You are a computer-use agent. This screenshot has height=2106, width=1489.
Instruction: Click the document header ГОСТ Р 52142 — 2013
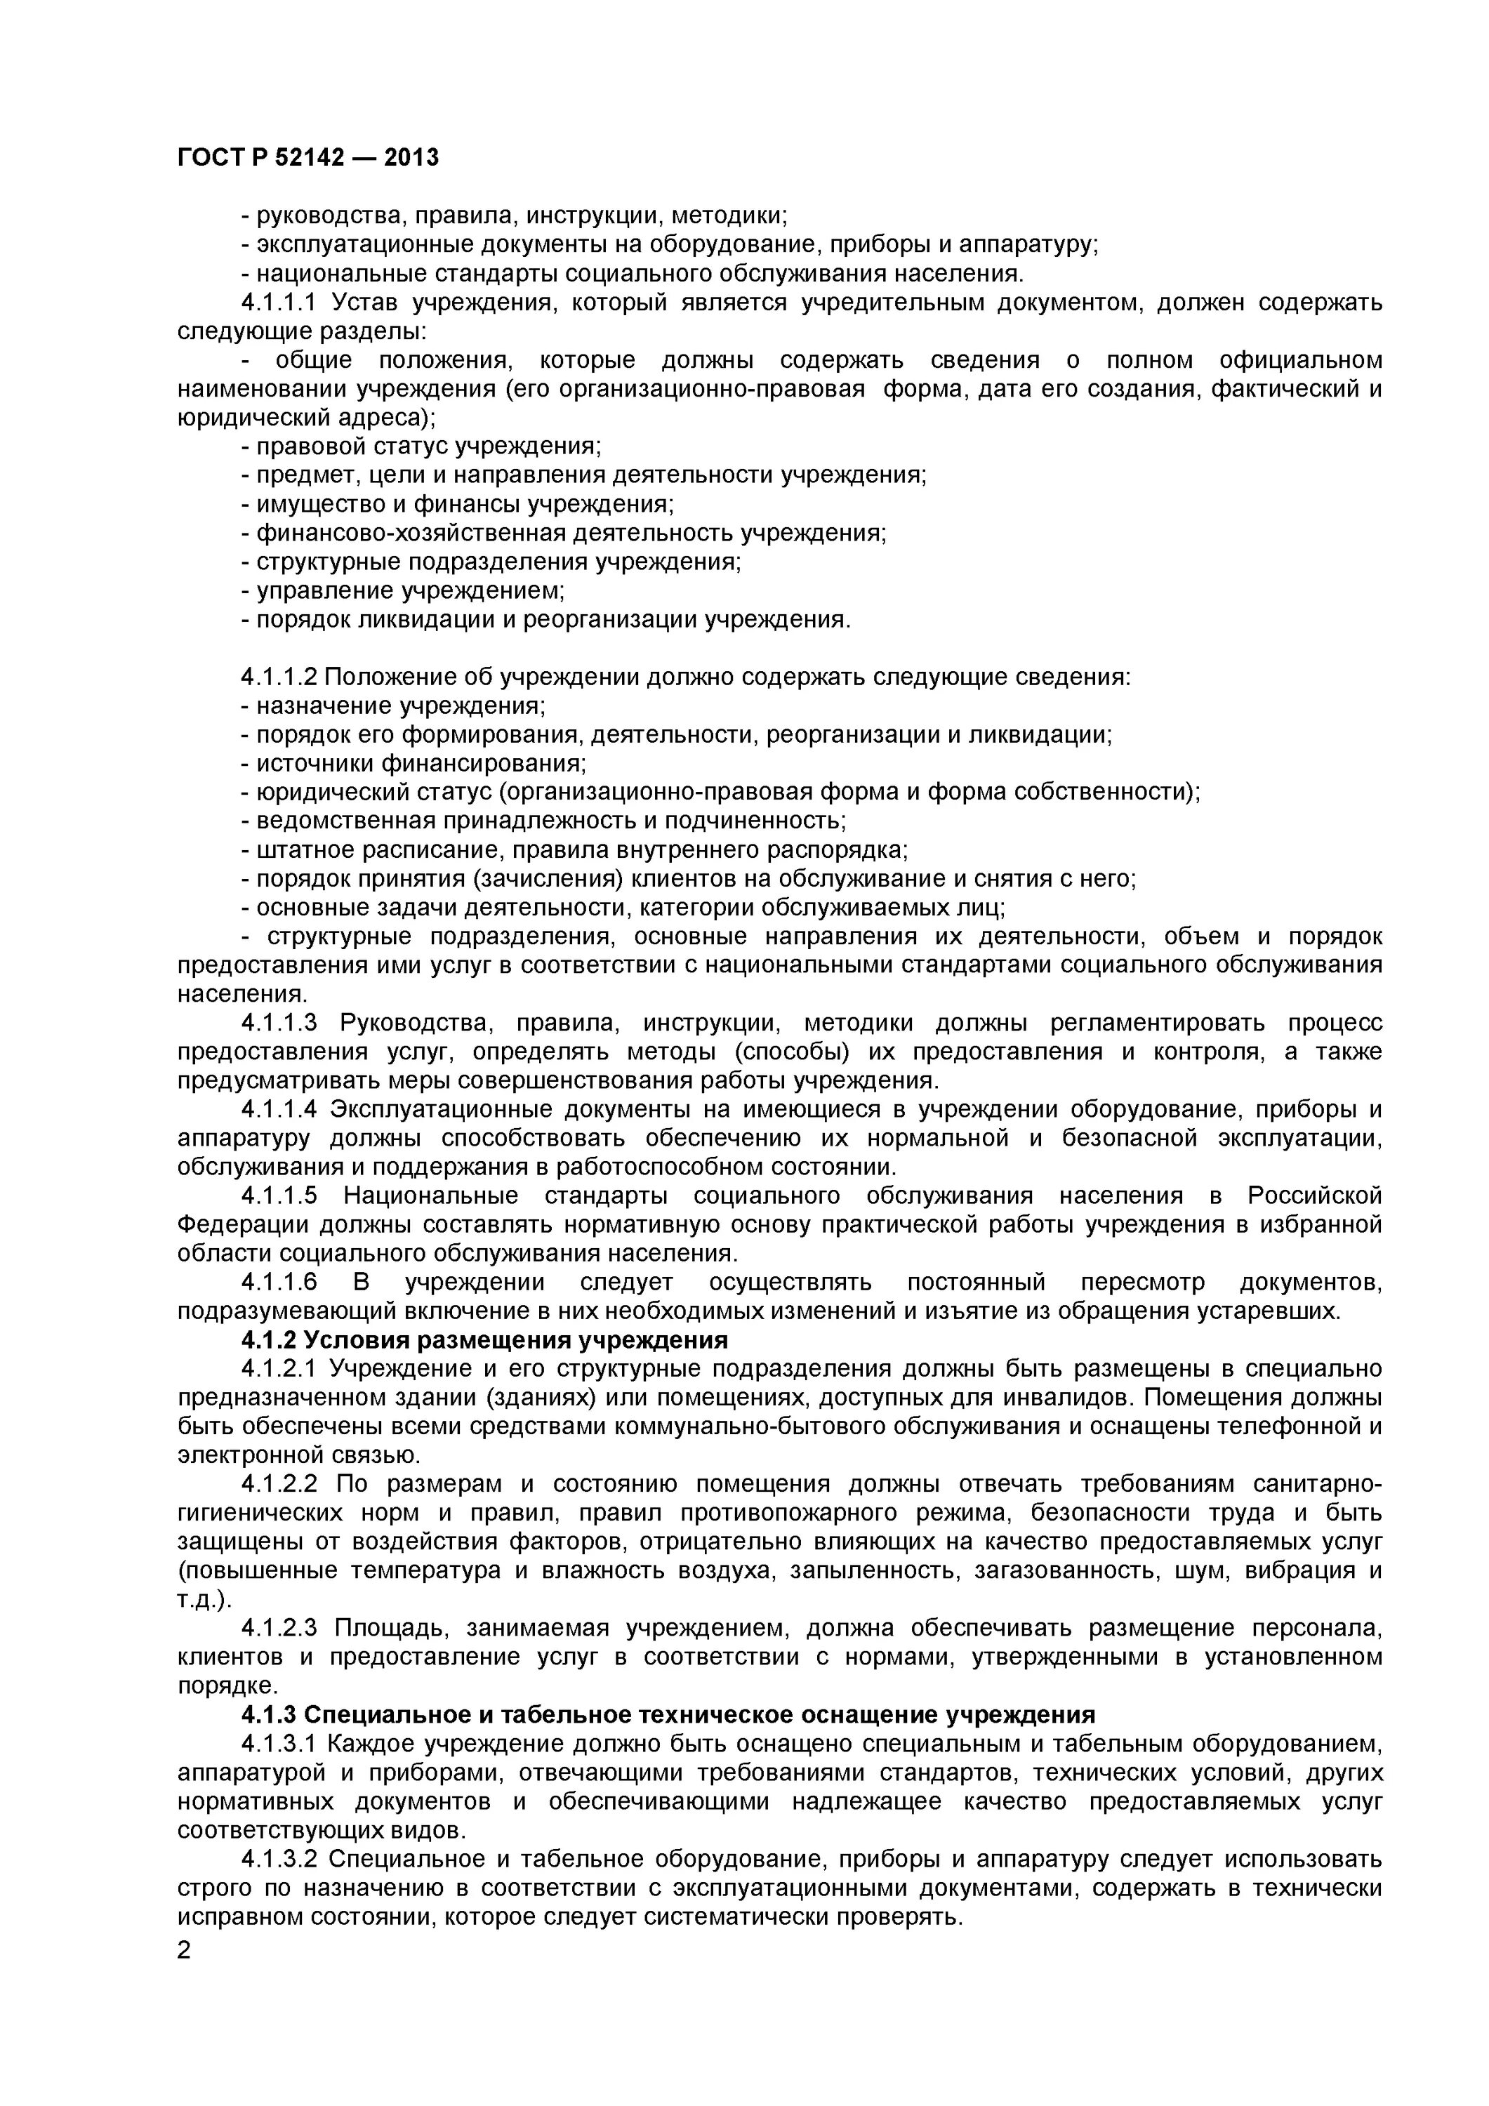[307, 158]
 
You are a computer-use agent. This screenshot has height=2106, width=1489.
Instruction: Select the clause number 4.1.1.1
[278, 302]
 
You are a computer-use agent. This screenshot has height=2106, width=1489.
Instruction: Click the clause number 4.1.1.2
[278, 677]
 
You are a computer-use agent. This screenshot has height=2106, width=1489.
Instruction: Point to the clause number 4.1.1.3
[278, 1023]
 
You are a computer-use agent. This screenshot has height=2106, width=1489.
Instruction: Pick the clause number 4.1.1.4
[278, 1109]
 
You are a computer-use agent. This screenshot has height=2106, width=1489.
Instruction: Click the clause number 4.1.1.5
[278, 1196]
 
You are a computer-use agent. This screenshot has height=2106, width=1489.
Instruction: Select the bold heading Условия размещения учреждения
[484, 1340]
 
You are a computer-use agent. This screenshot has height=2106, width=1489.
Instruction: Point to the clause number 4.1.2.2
[278, 1484]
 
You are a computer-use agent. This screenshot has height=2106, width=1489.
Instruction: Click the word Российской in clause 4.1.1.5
[1313, 1196]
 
